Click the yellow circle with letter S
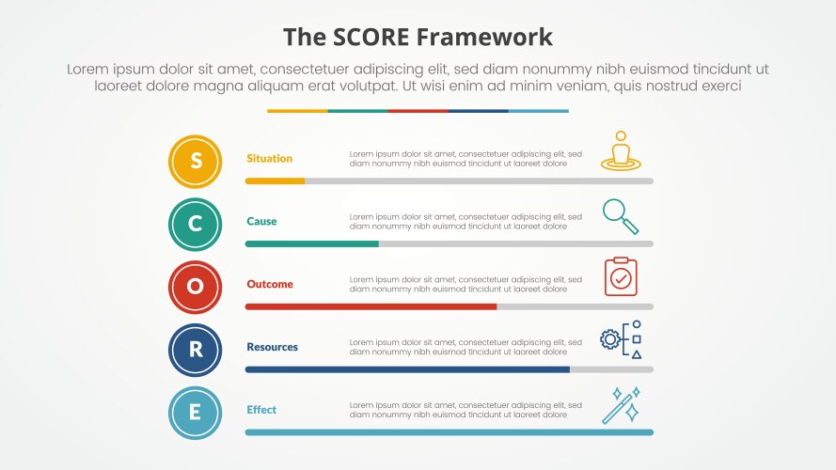pyautogui.click(x=196, y=162)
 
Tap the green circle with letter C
pyautogui.click(x=196, y=225)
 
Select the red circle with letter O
pyautogui.click(x=196, y=288)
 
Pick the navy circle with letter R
pyautogui.click(x=196, y=350)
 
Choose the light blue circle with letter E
pyautogui.click(x=196, y=413)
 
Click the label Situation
pyautogui.click(x=269, y=159)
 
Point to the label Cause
pyautogui.click(x=261, y=222)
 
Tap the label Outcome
pyautogui.click(x=270, y=284)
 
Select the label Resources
pyautogui.click(x=272, y=347)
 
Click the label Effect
pyautogui.click(x=261, y=410)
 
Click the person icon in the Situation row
pyautogui.click(x=620, y=151)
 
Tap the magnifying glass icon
pyautogui.click(x=620, y=216)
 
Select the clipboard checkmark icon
pyautogui.click(x=621, y=277)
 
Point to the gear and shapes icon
pyautogui.click(x=622, y=339)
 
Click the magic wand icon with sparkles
pyautogui.click(x=622, y=404)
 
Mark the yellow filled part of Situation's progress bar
pyautogui.click(x=275, y=180)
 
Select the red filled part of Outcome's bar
pyautogui.click(x=371, y=306)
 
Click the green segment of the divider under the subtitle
pyautogui.click(x=357, y=111)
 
